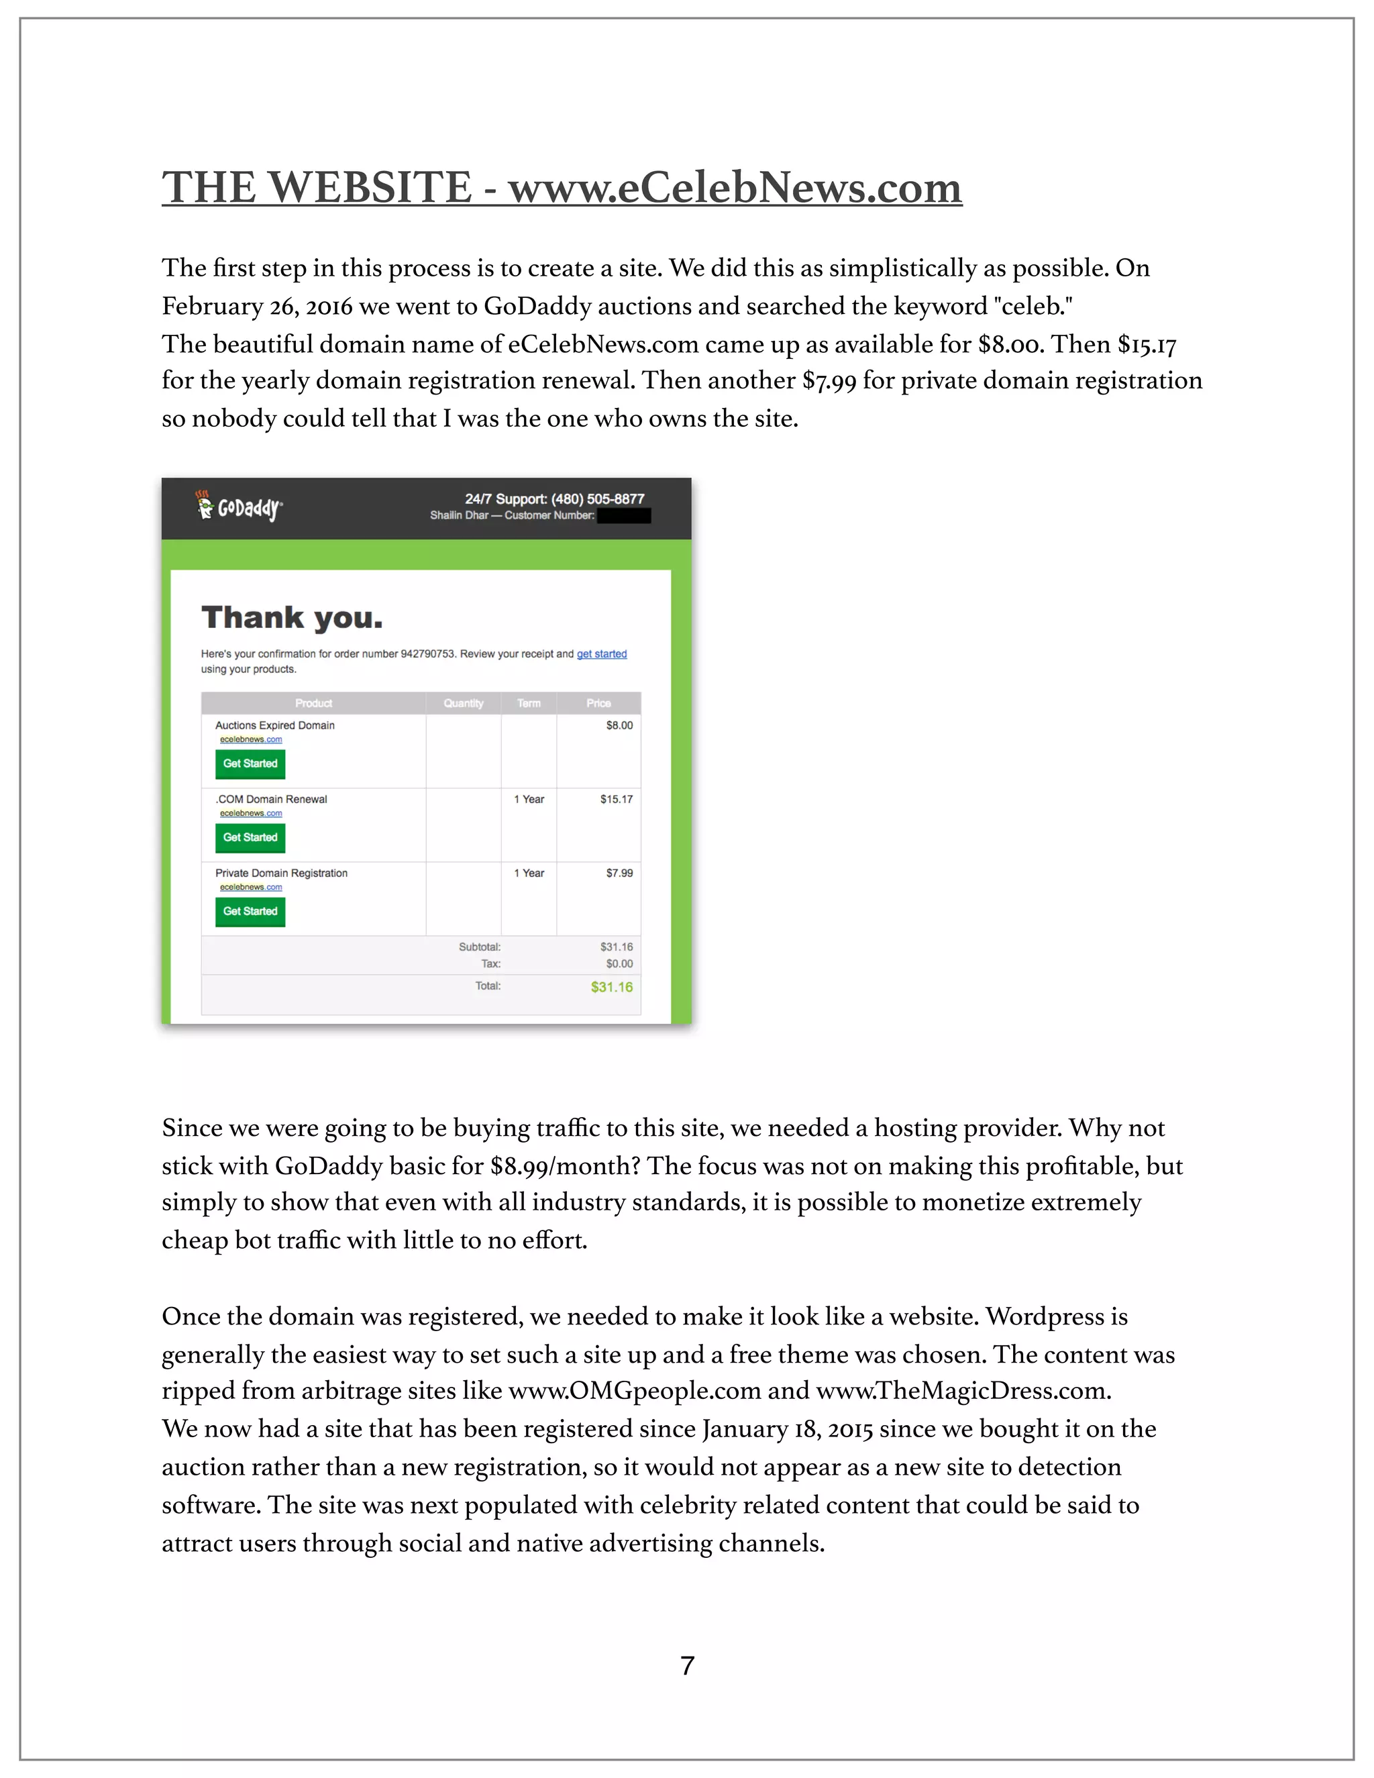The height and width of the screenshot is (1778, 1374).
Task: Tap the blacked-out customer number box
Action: click(623, 515)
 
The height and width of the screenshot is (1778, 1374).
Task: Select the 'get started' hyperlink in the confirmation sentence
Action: click(602, 653)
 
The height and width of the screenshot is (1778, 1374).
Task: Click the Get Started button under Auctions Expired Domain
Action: click(250, 764)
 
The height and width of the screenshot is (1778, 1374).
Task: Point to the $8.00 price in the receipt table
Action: click(619, 725)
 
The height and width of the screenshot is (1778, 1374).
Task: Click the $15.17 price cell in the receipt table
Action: click(616, 800)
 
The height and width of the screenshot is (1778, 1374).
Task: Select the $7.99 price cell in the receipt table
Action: click(619, 873)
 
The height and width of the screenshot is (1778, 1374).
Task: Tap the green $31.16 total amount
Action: click(611, 987)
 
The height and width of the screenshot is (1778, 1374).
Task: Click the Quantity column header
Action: click(463, 703)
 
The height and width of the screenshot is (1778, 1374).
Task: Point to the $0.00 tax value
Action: click(619, 964)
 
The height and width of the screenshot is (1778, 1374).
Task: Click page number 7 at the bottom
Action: click(687, 1666)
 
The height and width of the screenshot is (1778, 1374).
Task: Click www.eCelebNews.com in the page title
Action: click(735, 187)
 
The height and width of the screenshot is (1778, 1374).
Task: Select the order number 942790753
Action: click(427, 653)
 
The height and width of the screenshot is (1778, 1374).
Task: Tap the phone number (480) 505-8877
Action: click(598, 499)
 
